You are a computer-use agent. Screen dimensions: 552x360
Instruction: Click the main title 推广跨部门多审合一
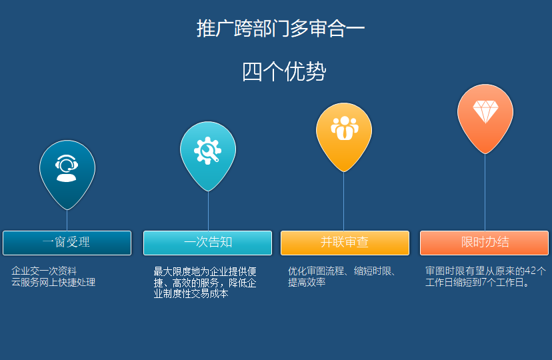280,29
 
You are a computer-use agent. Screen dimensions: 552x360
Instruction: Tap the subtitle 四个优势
284,72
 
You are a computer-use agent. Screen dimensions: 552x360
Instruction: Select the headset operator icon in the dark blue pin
67,168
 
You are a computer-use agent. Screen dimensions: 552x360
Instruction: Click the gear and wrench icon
208,151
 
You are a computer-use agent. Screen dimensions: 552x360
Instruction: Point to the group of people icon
344,128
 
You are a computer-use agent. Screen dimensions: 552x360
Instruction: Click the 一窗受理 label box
67,243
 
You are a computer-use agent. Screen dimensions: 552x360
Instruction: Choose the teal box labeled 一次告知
208,243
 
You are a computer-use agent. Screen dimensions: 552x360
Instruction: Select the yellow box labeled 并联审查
345,243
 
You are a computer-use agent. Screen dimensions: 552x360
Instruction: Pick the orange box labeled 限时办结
485,243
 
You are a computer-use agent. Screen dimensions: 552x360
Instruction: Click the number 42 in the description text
531,271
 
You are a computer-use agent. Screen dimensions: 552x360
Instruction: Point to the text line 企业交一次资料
44,271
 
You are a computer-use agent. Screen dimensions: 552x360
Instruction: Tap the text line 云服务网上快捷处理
53,282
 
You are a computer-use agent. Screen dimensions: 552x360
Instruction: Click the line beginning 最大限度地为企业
205,272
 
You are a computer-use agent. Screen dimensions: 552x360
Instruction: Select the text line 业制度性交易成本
191,293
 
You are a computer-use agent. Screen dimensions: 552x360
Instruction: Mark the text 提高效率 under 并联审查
307,282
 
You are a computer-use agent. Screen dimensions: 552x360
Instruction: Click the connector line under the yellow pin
343,201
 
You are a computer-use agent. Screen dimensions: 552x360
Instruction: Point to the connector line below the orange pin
485,192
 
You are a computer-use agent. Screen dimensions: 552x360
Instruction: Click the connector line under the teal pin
208,211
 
